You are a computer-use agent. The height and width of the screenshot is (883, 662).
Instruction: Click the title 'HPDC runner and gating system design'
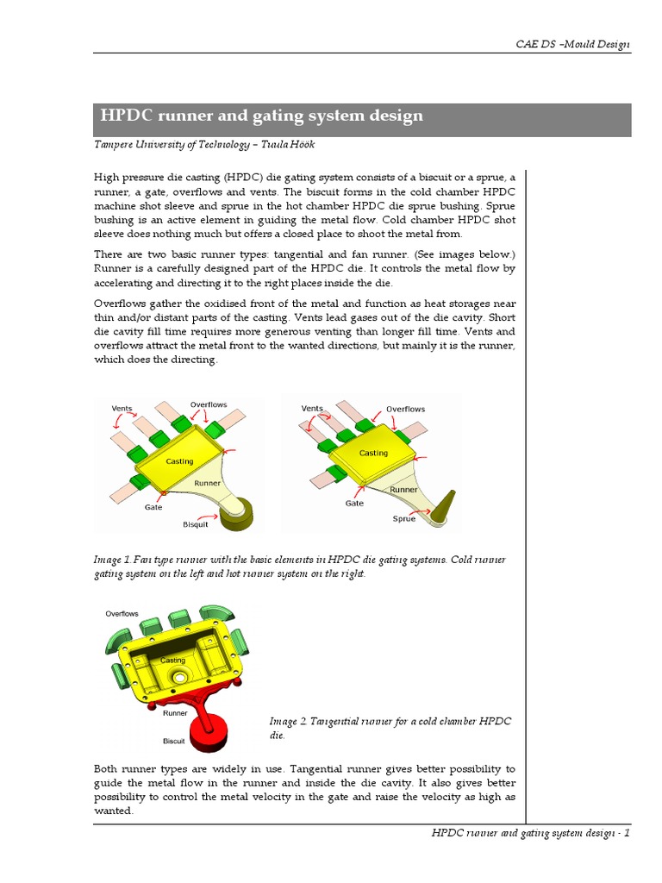pos(262,116)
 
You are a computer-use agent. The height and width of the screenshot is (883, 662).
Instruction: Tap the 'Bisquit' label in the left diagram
pos(196,524)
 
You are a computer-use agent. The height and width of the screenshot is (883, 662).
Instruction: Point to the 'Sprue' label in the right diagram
pos(403,518)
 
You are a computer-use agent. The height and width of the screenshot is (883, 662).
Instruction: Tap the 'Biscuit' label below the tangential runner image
pos(174,741)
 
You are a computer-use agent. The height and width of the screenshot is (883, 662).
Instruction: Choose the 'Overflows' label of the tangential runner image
pos(122,614)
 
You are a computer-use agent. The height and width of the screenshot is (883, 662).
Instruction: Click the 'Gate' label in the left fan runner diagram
pos(153,508)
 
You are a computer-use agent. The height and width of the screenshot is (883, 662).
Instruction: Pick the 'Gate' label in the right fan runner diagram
pos(354,504)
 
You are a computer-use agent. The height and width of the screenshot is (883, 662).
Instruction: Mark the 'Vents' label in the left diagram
pos(122,408)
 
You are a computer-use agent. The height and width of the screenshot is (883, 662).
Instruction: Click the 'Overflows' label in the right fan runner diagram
pos(405,409)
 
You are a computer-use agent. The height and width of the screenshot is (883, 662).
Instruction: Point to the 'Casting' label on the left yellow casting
pos(179,462)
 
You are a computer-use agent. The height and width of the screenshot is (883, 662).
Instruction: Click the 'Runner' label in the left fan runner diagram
pos(207,484)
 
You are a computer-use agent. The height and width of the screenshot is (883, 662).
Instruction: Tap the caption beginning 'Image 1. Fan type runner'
pos(299,567)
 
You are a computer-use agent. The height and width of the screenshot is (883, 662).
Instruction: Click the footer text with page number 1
pos(531,833)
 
